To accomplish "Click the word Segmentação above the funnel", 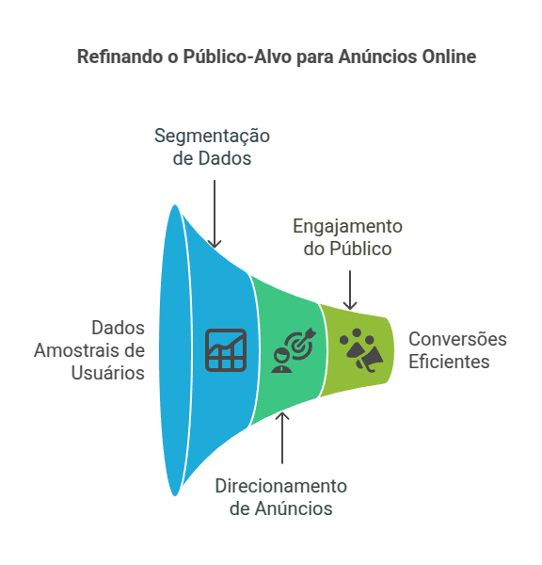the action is click(x=212, y=137).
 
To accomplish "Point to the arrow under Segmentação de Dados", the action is click(x=215, y=214).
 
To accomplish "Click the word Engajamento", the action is click(x=347, y=227).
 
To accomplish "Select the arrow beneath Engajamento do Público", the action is click(x=350, y=290).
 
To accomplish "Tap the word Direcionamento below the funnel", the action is click(x=281, y=486).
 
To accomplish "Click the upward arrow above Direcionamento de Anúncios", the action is click(x=282, y=438).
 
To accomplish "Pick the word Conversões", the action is click(x=457, y=339).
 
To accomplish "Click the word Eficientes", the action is click(x=449, y=362).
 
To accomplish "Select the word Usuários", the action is click(x=107, y=373).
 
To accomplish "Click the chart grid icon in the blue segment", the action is click(x=226, y=350).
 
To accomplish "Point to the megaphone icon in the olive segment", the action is click(x=370, y=359).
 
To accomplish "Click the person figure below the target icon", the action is click(x=281, y=360).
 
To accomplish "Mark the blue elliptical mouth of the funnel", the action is click(x=175, y=350).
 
